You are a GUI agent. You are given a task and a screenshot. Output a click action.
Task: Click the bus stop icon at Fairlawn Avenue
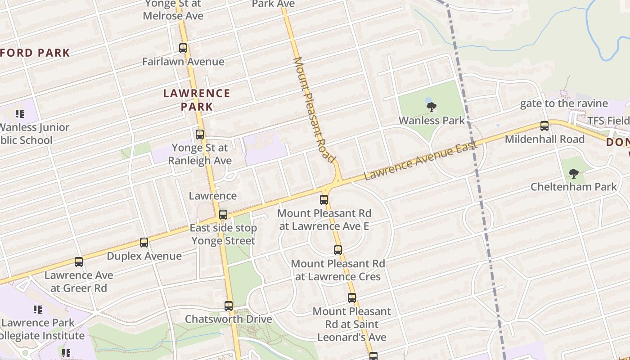(x=183, y=48)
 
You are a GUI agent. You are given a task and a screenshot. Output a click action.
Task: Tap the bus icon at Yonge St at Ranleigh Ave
(x=200, y=134)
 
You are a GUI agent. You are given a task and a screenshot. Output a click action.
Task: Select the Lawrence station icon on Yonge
(x=223, y=214)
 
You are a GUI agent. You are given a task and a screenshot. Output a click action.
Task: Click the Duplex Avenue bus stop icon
(x=144, y=243)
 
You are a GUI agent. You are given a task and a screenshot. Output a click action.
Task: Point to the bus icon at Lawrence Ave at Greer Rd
(x=79, y=261)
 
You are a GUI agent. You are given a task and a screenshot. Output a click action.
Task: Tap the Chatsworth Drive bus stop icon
(x=229, y=306)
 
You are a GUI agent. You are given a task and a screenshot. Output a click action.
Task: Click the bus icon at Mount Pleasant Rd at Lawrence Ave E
(x=324, y=199)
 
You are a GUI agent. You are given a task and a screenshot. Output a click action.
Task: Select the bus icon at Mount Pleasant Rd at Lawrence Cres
(x=338, y=250)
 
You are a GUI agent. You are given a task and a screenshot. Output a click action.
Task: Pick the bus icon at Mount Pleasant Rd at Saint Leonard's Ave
(x=352, y=297)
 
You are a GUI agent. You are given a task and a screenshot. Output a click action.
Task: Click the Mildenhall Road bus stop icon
(x=544, y=126)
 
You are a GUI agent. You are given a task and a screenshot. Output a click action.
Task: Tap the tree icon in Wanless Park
(x=432, y=107)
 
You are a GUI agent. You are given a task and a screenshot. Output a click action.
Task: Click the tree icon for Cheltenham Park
(x=573, y=173)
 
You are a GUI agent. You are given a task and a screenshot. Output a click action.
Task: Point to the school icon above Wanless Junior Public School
(x=19, y=114)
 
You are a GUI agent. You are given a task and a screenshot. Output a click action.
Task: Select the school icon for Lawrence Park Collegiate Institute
(x=38, y=309)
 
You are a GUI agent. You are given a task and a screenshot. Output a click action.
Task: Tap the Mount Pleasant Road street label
(x=314, y=109)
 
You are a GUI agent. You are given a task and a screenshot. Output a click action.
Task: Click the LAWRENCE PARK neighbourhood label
(x=197, y=100)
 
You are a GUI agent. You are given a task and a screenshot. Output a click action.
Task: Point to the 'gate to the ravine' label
(x=564, y=103)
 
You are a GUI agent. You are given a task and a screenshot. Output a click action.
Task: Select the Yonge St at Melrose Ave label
(x=173, y=10)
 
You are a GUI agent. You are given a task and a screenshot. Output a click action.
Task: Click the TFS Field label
(x=608, y=121)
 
